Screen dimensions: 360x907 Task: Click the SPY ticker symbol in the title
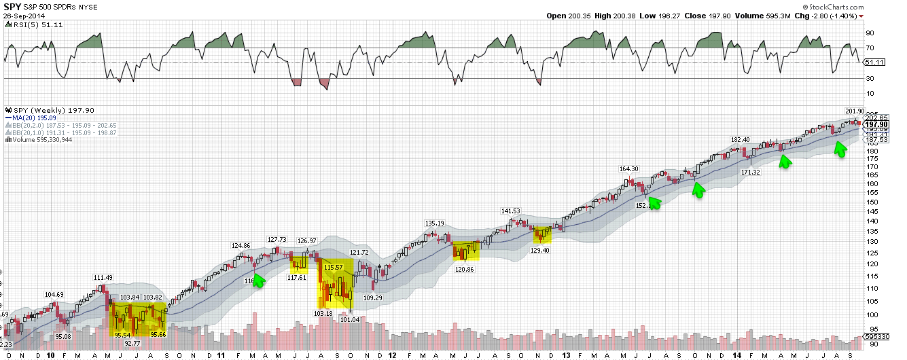13,5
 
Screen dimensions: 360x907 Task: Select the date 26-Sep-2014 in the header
22,16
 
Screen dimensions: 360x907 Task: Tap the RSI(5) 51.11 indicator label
26,25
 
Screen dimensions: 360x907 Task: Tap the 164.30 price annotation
629,169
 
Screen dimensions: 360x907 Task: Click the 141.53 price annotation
511,211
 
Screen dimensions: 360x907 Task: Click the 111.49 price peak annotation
103,277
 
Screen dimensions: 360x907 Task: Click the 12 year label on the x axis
392,355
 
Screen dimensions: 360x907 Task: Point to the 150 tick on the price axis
872,202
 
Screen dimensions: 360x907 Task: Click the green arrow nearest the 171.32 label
785,161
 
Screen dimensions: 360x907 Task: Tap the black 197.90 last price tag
876,124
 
